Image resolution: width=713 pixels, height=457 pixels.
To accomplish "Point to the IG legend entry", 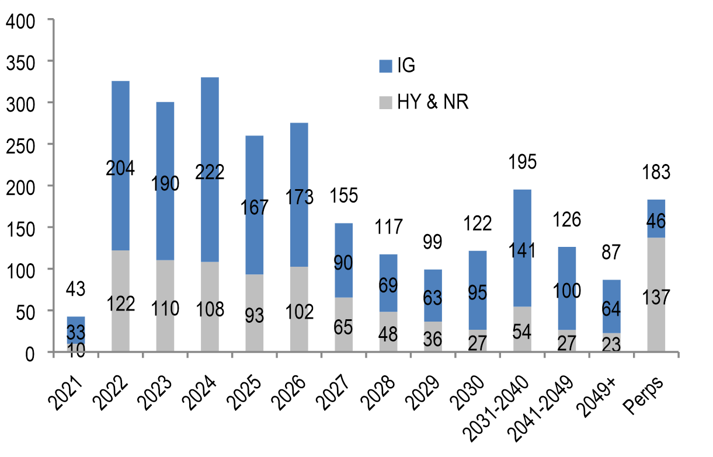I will (x=397, y=65).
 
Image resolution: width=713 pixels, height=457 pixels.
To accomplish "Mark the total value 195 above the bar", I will (x=522, y=162).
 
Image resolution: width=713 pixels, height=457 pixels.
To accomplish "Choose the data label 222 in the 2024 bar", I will (x=210, y=173).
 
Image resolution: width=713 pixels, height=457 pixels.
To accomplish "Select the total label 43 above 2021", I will (x=75, y=288).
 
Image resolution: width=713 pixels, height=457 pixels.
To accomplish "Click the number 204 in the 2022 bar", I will (x=121, y=169).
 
